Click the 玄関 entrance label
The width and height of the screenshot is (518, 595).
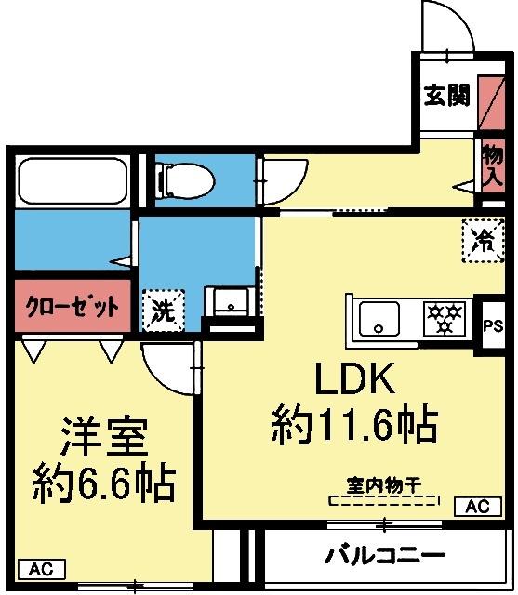coord(446,95)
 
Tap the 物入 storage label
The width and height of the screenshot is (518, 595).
coord(492,166)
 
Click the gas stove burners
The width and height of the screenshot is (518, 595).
coord(445,319)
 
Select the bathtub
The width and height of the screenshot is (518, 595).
coord(73,179)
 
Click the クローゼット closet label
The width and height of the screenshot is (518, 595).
coord(71,307)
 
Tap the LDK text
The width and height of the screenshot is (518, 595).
coord(353,379)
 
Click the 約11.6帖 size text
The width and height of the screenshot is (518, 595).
coord(353,425)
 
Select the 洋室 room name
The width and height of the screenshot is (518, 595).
coord(103,435)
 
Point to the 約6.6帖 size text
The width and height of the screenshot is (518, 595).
coord(103,482)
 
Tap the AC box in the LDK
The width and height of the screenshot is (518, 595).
coord(476,507)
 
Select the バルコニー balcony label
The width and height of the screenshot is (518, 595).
coord(384,556)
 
